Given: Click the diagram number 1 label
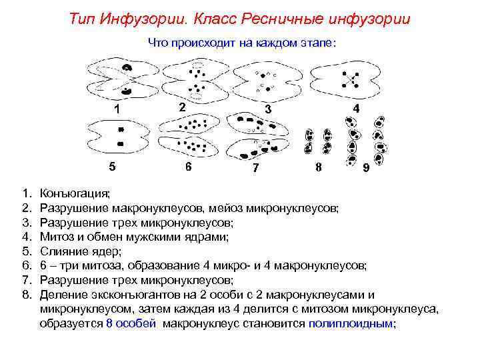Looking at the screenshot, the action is (117, 109).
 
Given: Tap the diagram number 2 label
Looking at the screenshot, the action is (181, 107).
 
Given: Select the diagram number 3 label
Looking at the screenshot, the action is (267, 108).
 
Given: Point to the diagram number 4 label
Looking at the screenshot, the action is (357, 107).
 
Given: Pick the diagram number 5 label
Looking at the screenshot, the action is (113, 165).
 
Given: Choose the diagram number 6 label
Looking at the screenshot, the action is (189, 167).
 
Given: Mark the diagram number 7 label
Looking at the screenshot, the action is (255, 168).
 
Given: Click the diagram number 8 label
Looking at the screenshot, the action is (319, 167).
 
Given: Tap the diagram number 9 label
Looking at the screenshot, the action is (366, 169).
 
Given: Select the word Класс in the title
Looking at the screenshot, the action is (203, 19).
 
